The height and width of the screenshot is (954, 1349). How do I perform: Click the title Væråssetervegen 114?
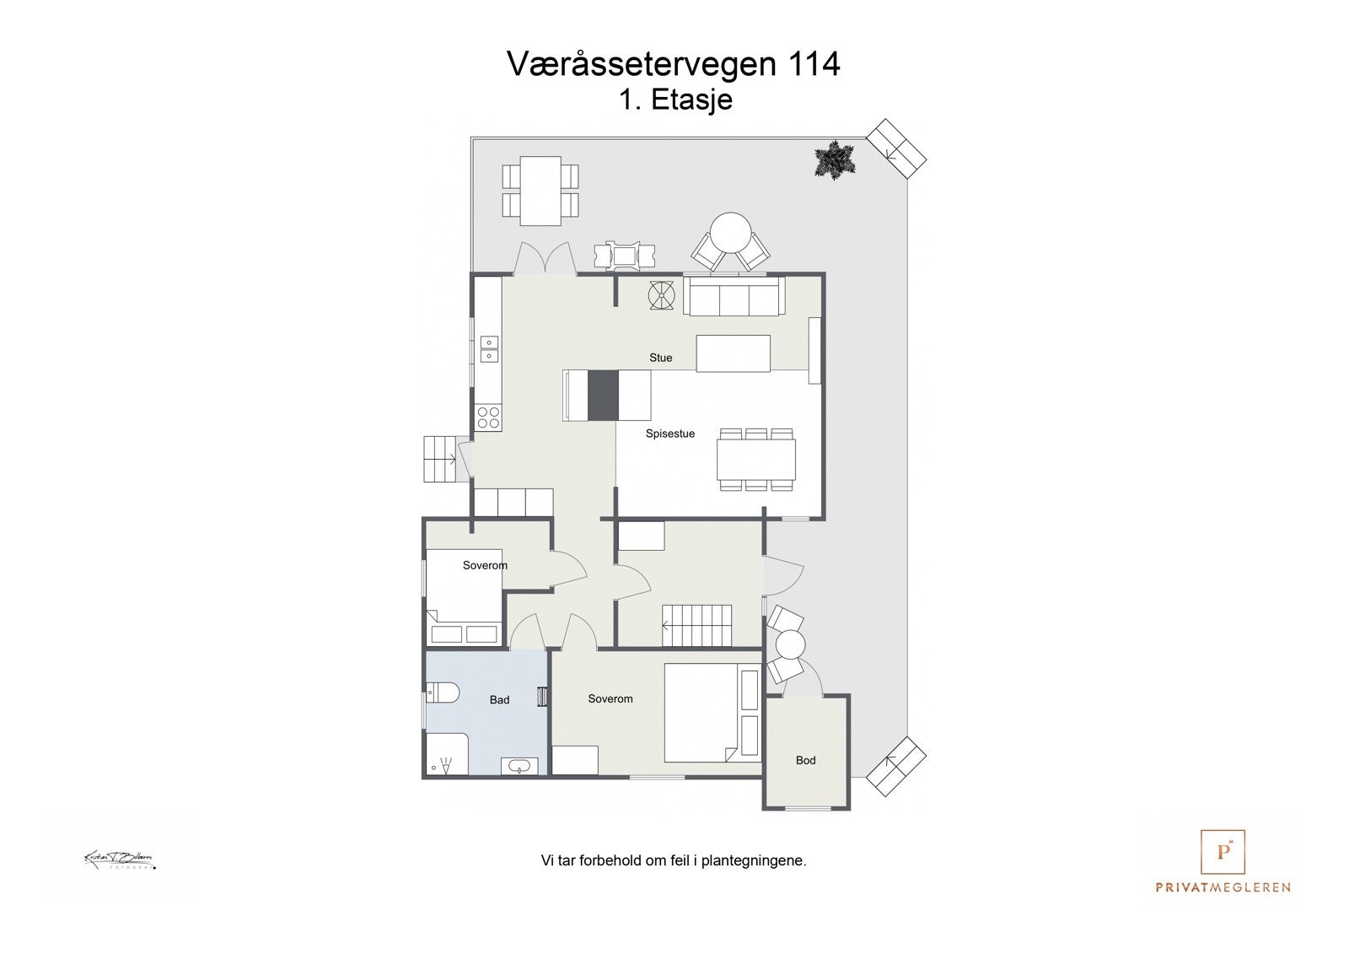pyautogui.click(x=673, y=64)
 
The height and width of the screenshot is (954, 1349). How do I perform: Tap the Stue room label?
pyautogui.click(x=660, y=358)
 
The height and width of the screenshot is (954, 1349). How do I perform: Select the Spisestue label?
pyautogui.click(x=670, y=434)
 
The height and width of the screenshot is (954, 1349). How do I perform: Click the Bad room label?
pyautogui.click(x=499, y=700)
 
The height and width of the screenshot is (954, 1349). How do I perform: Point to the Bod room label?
pyautogui.click(x=805, y=760)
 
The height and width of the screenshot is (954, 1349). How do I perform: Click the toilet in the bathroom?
pyautogui.click(x=443, y=693)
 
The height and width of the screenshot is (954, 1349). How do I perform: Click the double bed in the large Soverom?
pyautogui.click(x=712, y=713)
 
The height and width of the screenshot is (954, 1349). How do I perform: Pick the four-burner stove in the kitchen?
pyautogui.click(x=488, y=418)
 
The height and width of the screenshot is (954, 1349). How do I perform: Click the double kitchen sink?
pyautogui.click(x=489, y=348)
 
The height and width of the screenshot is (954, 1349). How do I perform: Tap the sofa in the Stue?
pyautogui.click(x=734, y=296)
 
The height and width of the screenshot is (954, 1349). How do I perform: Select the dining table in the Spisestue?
pyautogui.click(x=756, y=459)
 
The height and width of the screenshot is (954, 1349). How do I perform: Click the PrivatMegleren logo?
pyautogui.click(x=1223, y=861)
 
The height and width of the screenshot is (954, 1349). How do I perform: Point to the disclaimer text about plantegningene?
pyautogui.click(x=673, y=861)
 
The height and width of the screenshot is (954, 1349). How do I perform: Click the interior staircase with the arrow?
pyautogui.click(x=700, y=625)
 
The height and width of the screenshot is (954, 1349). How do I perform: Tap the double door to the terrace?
pyautogui.click(x=545, y=259)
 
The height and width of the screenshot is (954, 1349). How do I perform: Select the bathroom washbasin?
pyautogui.click(x=519, y=766)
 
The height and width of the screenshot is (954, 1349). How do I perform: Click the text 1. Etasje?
pyautogui.click(x=675, y=100)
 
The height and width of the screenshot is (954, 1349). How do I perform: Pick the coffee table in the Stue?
pyautogui.click(x=733, y=353)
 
